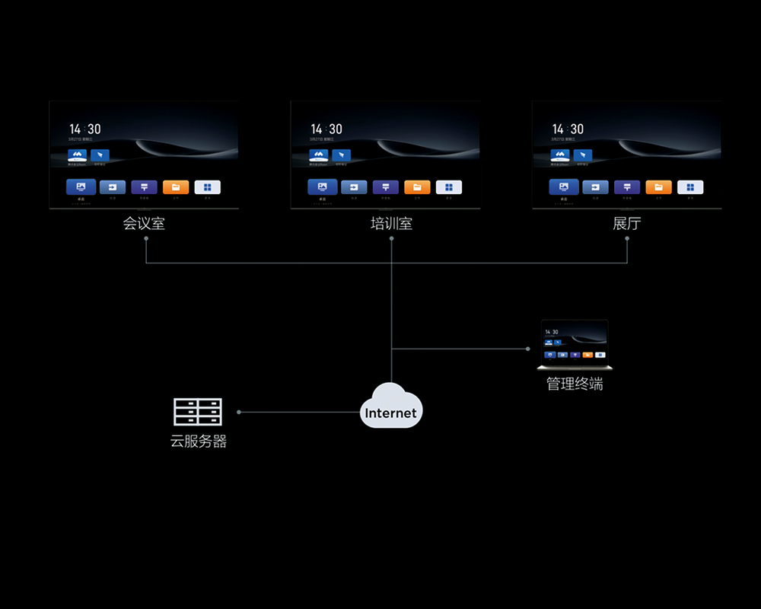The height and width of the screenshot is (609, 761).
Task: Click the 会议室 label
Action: click(x=144, y=224)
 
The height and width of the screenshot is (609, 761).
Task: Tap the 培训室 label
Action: click(x=391, y=224)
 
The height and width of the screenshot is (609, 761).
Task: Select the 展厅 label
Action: click(x=627, y=224)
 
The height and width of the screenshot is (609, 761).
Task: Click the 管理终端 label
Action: click(x=575, y=384)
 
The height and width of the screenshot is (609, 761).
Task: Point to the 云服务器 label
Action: click(x=199, y=441)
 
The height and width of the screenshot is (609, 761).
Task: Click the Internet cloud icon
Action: click(x=390, y=407)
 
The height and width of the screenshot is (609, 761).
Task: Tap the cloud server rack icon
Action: click(x=198, y=412)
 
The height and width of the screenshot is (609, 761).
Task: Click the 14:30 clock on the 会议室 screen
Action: click(x=85, y=129)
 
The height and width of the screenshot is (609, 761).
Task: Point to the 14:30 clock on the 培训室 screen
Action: click(x=326, y=129)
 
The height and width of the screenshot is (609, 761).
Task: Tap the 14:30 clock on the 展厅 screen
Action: click(x=568, y=129)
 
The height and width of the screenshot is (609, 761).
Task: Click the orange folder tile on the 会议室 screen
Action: click(x=176, y=187)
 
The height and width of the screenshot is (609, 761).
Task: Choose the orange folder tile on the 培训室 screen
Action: click(x=417, y=187)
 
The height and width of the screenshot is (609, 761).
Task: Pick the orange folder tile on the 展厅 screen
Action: click(x=658, y=187)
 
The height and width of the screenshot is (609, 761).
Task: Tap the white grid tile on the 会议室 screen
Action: click(x=208, y=187)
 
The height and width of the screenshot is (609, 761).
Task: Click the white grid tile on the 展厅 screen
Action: click(x=690, y=187)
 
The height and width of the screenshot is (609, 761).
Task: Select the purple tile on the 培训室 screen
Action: click(x=385, y=187)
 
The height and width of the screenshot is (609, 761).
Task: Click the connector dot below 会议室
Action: click(x=145, y=238)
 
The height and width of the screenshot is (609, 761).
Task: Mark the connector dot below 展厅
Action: click(x=627, y=238)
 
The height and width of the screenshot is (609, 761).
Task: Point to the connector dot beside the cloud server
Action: click(x=239, y=412)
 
